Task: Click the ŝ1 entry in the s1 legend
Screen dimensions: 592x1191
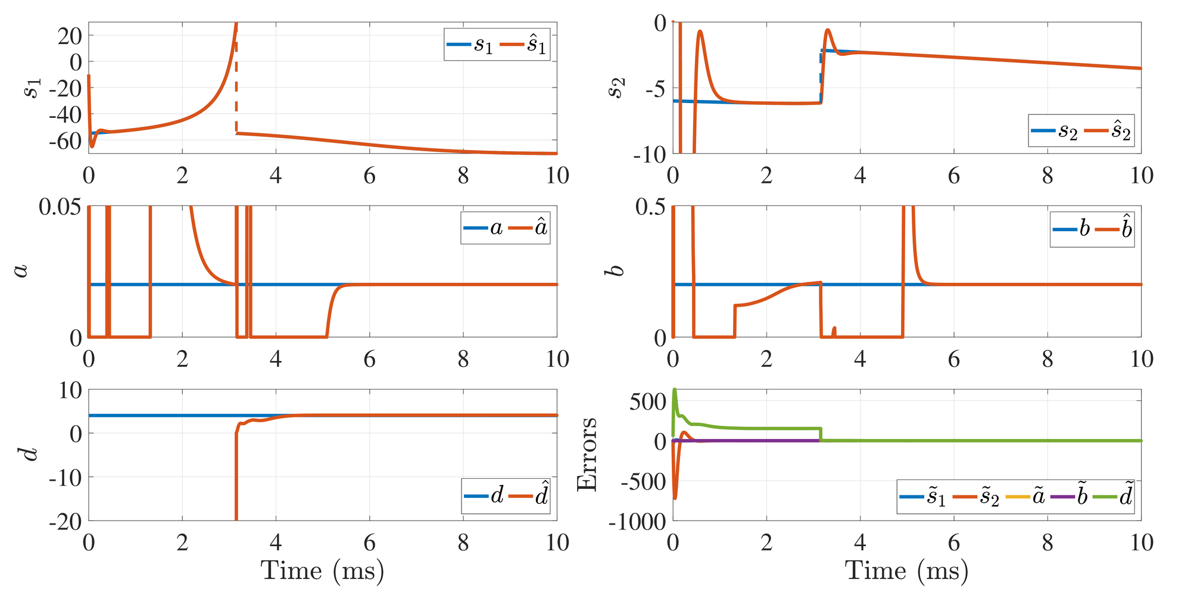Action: pyautogui.click(x=524, y=45)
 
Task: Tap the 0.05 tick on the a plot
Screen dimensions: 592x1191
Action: pyautogui.click(x=60, y=207)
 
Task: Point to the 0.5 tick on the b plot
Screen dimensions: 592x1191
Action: pyautogui.click(x=651, y=207)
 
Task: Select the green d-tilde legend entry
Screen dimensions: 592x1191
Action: pyautogui.click(x=1112, y=496)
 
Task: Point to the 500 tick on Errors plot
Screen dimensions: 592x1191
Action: pyautogui.click(x=648, y=402)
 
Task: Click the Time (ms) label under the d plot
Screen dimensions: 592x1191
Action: pyautogui.click(x=322, y=571)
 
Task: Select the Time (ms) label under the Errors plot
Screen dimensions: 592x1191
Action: pyautogui.click(x=906, y=571)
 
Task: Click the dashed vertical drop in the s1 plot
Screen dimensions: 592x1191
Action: pyautogui.click(x=236, y=89)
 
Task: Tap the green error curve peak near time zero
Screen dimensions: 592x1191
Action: pyautogui.click(x=675, y=391)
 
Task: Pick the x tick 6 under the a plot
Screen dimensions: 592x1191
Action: pyautogui.click(x=369, y=359)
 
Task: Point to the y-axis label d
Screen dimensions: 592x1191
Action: pyautogui.click(x=30, y=454)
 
